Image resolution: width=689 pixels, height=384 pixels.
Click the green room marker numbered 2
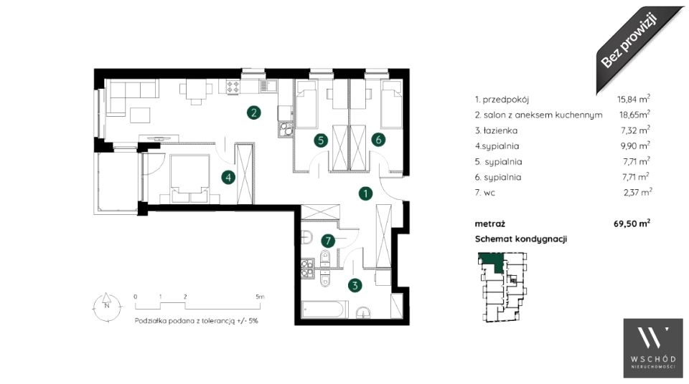click(x=253, y=112)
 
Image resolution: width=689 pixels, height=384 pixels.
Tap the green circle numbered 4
click(x=228, y=177)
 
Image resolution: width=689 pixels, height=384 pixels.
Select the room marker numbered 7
click(x=328, y=241)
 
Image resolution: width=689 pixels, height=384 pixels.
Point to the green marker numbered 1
click(x=365, y=193)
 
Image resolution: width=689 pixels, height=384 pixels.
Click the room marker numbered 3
click(x=355, y=285)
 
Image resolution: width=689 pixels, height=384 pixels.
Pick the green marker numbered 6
click(x=378, y=140)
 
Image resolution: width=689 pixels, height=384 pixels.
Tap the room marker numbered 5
click(x=321, y=140)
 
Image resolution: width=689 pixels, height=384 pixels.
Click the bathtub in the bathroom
click(x=325, y=309)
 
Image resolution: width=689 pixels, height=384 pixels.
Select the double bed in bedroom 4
click(x=189, y=178)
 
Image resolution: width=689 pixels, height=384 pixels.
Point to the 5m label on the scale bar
click(x=260, y=297)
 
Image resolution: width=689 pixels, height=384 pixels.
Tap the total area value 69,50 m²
click(x=632, y=224)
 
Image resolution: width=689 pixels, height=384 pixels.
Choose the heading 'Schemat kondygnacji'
click(x=521, y=239)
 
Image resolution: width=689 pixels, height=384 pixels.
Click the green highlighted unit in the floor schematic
click(x=491, y=262)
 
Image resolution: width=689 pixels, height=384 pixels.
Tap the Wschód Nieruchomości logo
click(x=653, y=348)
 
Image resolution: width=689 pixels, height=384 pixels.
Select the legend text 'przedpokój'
click(x=506, y=100)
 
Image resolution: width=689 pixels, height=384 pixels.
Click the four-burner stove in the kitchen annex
click(x=233, y=87)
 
